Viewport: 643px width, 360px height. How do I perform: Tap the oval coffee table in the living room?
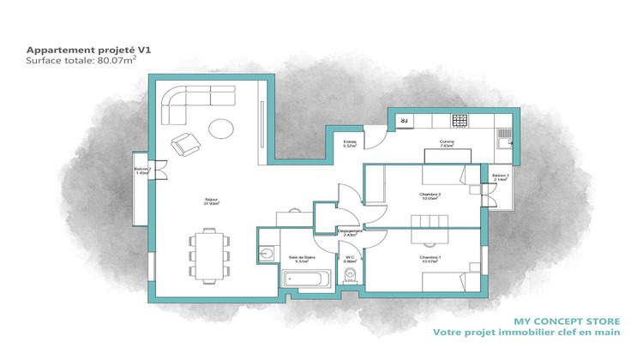point(221,129)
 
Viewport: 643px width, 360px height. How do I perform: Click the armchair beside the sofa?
point(183,145)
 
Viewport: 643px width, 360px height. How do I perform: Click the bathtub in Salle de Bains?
point(306,279)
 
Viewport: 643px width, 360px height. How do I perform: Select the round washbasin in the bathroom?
point(267,252)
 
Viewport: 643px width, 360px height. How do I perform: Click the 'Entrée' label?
point(350,145)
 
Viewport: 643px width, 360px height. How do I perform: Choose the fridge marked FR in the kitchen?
point(401,122)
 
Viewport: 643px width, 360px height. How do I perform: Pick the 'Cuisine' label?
point(447,143)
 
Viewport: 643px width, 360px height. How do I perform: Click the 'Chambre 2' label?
point(430,195)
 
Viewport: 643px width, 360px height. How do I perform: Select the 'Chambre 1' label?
point(430,259)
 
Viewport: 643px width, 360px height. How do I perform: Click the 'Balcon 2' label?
point(142,171)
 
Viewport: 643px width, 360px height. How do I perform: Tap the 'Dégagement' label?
point(352,231)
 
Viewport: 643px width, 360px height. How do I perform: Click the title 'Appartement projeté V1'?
point(82,51)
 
